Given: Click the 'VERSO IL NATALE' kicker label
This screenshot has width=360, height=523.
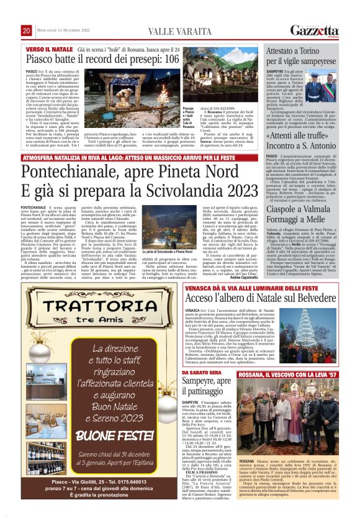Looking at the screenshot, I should [x=45, y=48].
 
